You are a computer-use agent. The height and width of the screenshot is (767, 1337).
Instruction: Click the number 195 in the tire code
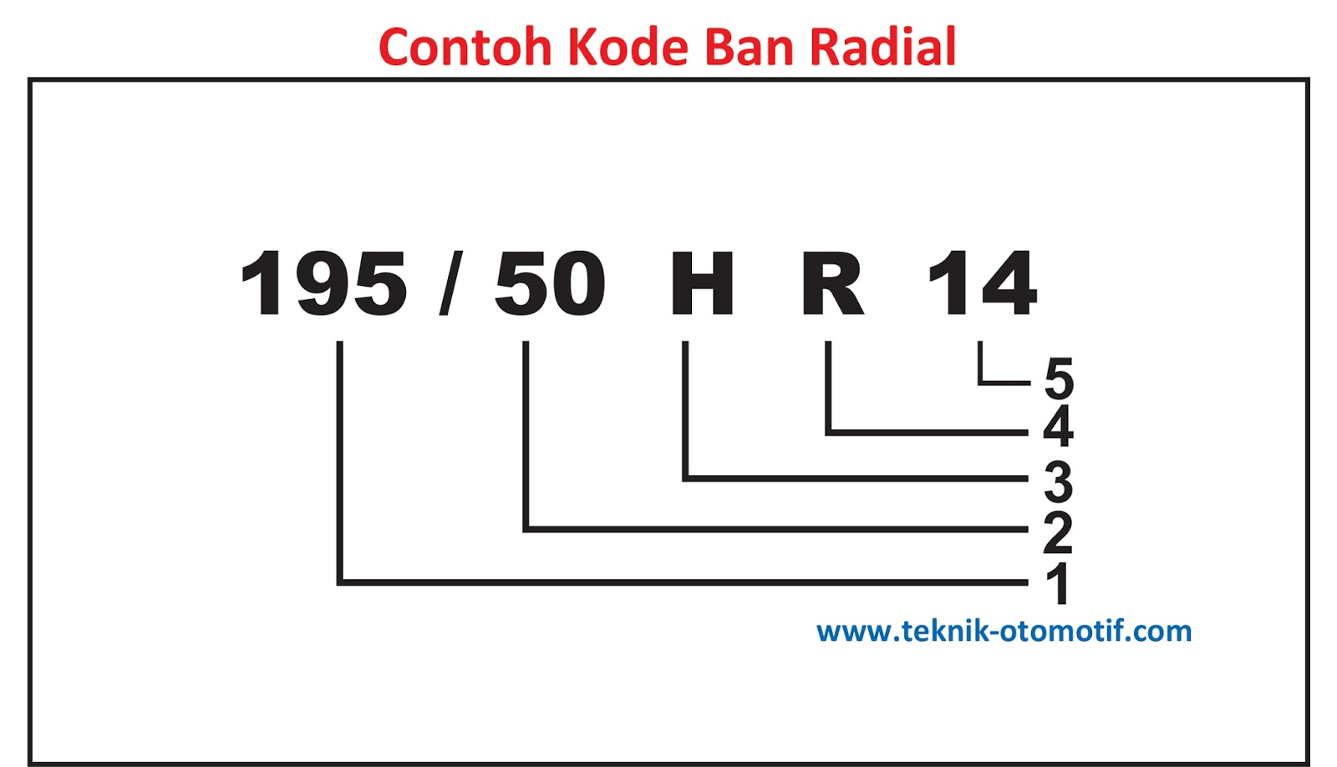[x=323, y=284]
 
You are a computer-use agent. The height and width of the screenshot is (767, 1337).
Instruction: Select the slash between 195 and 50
[x=451, y=284]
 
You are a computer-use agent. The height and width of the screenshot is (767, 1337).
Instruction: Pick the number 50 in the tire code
[x=550, y=284]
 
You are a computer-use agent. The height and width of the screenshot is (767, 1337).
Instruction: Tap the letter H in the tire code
[x=702, y=284]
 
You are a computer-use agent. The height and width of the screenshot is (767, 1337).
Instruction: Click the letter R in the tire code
[x=832, y=284]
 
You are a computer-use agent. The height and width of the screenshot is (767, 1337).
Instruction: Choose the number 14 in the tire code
[x=983, y=284]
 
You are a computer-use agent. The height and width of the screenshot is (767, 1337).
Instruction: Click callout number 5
[x=1059, y=378]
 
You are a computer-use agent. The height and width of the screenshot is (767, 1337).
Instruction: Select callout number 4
[x=1058, y=426]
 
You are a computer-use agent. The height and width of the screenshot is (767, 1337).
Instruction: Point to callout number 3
[x=1058, y=481]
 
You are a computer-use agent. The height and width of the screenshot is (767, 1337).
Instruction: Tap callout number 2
[x=1058, y=532]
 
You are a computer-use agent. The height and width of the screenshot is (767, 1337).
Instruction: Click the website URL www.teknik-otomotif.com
[x=1004, y=631]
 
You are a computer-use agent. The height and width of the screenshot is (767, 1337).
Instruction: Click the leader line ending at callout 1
[x=668, y=582]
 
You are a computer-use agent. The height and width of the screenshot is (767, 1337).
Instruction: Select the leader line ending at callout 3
[x=852, y=479]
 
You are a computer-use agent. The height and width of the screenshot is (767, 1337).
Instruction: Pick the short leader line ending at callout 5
[x=1003, y=383]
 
